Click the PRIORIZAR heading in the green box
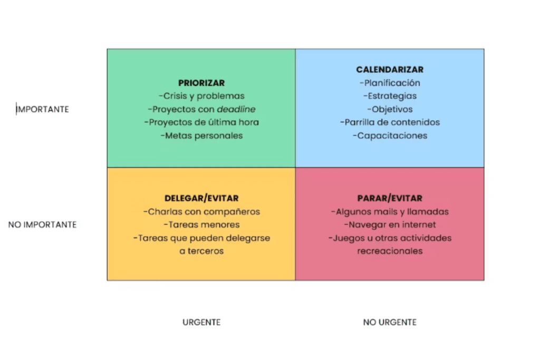coord(201,83)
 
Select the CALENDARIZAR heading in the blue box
coord(390,70)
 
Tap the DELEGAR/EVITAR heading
coord(201,198)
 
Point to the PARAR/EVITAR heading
coord(390,198)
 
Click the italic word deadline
coord(236,109)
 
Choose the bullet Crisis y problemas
coord(201,96)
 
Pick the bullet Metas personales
coord(201,135)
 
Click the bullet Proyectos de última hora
coord(201,122)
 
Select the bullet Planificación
coord(390,83)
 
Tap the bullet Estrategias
coord(390,96)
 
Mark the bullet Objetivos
coord(390,109)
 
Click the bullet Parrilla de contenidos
coord(390,122)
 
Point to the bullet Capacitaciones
coord(390,135)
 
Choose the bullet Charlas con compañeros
coord(201,212)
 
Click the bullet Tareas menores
coord(201,225)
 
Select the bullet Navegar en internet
coord(390,225)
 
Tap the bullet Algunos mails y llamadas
coord(390,212)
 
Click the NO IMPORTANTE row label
coord(42,225)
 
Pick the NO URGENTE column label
coord(390,323)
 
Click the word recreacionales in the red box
coord(390,251)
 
